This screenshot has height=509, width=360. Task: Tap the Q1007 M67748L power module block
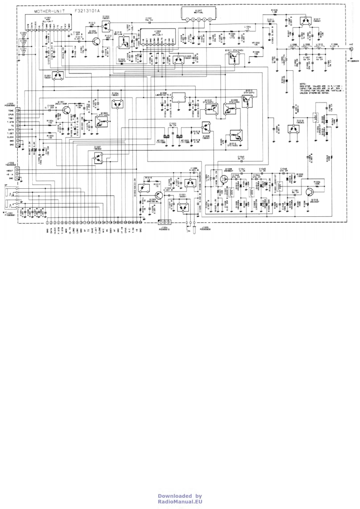click(199, 15)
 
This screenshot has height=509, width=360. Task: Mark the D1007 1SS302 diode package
click(99, 158)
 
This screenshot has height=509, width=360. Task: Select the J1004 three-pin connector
click(163, 222)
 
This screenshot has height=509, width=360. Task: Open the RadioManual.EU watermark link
click(180, 502)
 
